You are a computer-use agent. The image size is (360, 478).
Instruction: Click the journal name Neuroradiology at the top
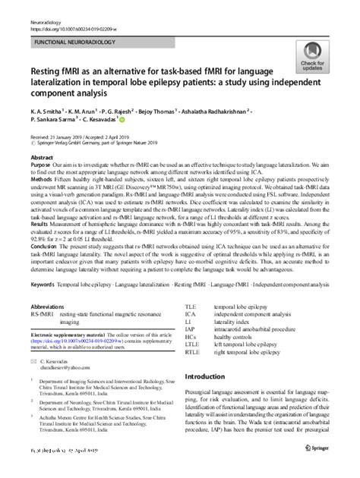[x=43, y=6]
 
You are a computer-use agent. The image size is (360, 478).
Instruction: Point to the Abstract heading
[x=39, y=158]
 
